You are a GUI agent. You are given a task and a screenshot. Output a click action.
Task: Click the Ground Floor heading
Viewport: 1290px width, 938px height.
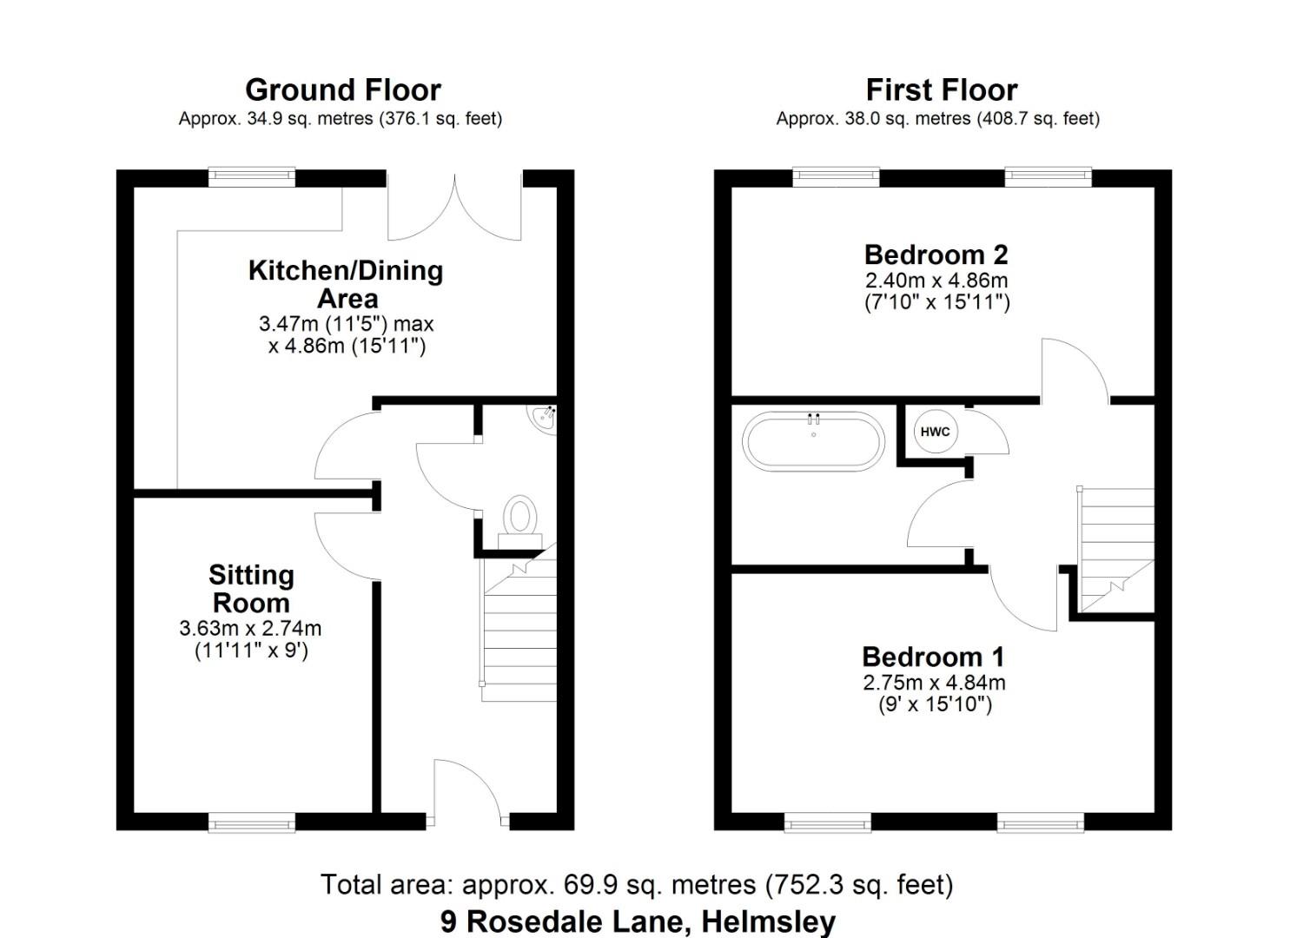343,90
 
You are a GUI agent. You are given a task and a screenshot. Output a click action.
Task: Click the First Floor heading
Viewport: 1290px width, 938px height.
941,90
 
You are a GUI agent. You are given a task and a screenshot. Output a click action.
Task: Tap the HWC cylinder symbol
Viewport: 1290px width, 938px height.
935,432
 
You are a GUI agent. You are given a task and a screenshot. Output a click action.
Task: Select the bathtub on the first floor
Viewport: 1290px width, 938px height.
812,441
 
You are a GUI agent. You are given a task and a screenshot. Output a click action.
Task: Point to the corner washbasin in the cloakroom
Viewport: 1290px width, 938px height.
544,418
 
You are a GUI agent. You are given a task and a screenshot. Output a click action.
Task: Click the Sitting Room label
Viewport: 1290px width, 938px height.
251,589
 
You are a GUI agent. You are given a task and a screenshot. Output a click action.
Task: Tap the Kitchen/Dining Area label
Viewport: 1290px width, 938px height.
346,284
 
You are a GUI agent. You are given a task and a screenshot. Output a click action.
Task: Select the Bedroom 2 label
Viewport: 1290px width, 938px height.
936,255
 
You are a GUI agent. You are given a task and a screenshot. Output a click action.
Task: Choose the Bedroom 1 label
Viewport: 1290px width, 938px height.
933,657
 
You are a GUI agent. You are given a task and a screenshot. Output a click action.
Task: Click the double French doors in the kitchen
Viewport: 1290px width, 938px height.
454,208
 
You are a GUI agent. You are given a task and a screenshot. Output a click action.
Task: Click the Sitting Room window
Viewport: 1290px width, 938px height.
252,822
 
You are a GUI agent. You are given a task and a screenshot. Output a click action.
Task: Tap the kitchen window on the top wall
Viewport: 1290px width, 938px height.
252,178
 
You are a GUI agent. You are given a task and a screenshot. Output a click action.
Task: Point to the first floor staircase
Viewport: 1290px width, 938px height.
1116,547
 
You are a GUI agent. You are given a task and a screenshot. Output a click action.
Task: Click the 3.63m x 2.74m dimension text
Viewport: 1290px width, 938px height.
250,628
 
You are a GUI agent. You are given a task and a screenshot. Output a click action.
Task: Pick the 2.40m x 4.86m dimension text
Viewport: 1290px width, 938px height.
936,281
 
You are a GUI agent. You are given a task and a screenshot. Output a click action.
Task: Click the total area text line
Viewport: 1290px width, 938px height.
637,885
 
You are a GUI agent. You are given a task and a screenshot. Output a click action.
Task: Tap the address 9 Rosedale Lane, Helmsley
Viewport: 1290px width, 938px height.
637,921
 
